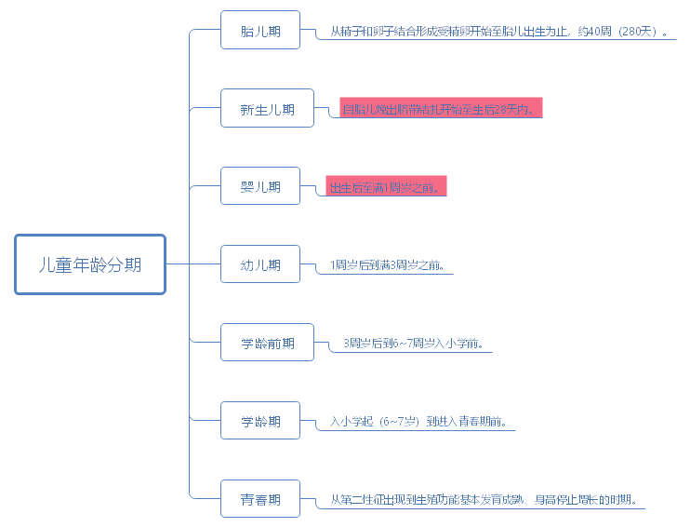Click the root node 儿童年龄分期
click(x=90, y=264)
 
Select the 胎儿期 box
click(x=260, y=32)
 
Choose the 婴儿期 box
click(x=260, y=187)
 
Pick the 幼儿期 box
click(x=260, y=265)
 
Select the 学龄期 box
click(x=260, y=422)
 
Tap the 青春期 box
click(x=260, y=500)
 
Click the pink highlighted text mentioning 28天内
click(x=440, y=109)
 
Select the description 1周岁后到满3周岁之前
click(x=386, y=265)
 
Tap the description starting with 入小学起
click(x=418, y=422)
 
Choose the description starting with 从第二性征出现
click(x=483, y=500)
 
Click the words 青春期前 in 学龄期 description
click(x=483, y=422)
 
